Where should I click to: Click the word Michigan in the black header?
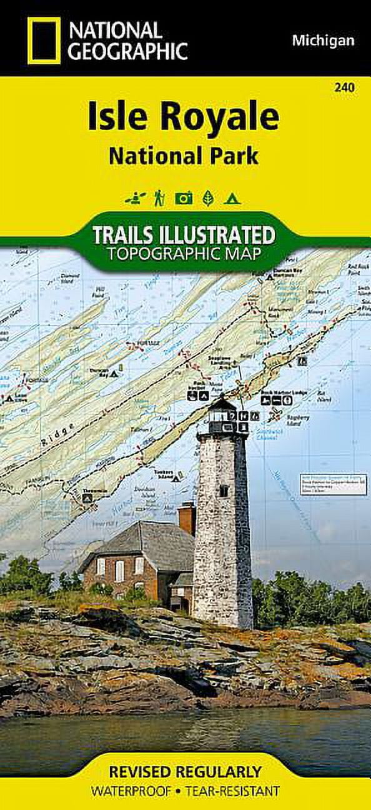(323, 41)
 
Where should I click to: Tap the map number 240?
(344, 88)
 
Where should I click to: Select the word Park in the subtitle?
(230, 156)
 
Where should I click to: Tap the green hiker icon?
(159, 198)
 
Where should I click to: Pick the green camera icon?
(184, 198)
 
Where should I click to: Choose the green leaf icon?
(208, 198)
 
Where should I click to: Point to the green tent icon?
(232, 198)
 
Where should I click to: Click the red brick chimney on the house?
(187, 518)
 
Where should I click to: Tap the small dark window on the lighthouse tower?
(223, 491)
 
